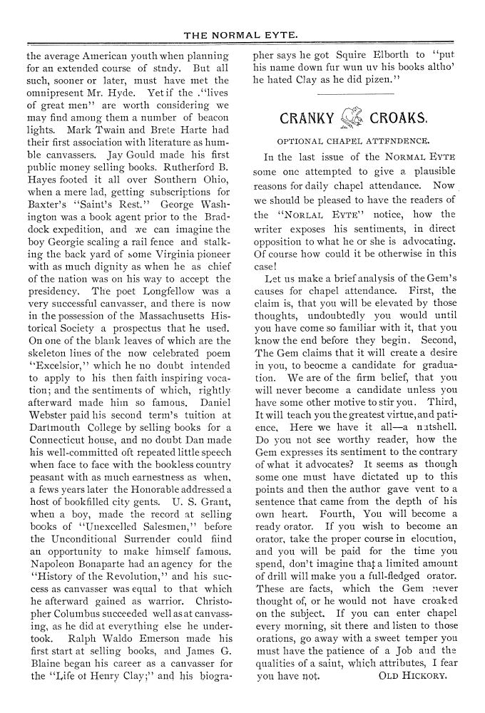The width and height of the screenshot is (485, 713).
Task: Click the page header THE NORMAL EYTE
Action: click(x=241, y=34)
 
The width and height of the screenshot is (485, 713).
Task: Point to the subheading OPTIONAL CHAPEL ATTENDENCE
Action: click(x=353, y=141)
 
